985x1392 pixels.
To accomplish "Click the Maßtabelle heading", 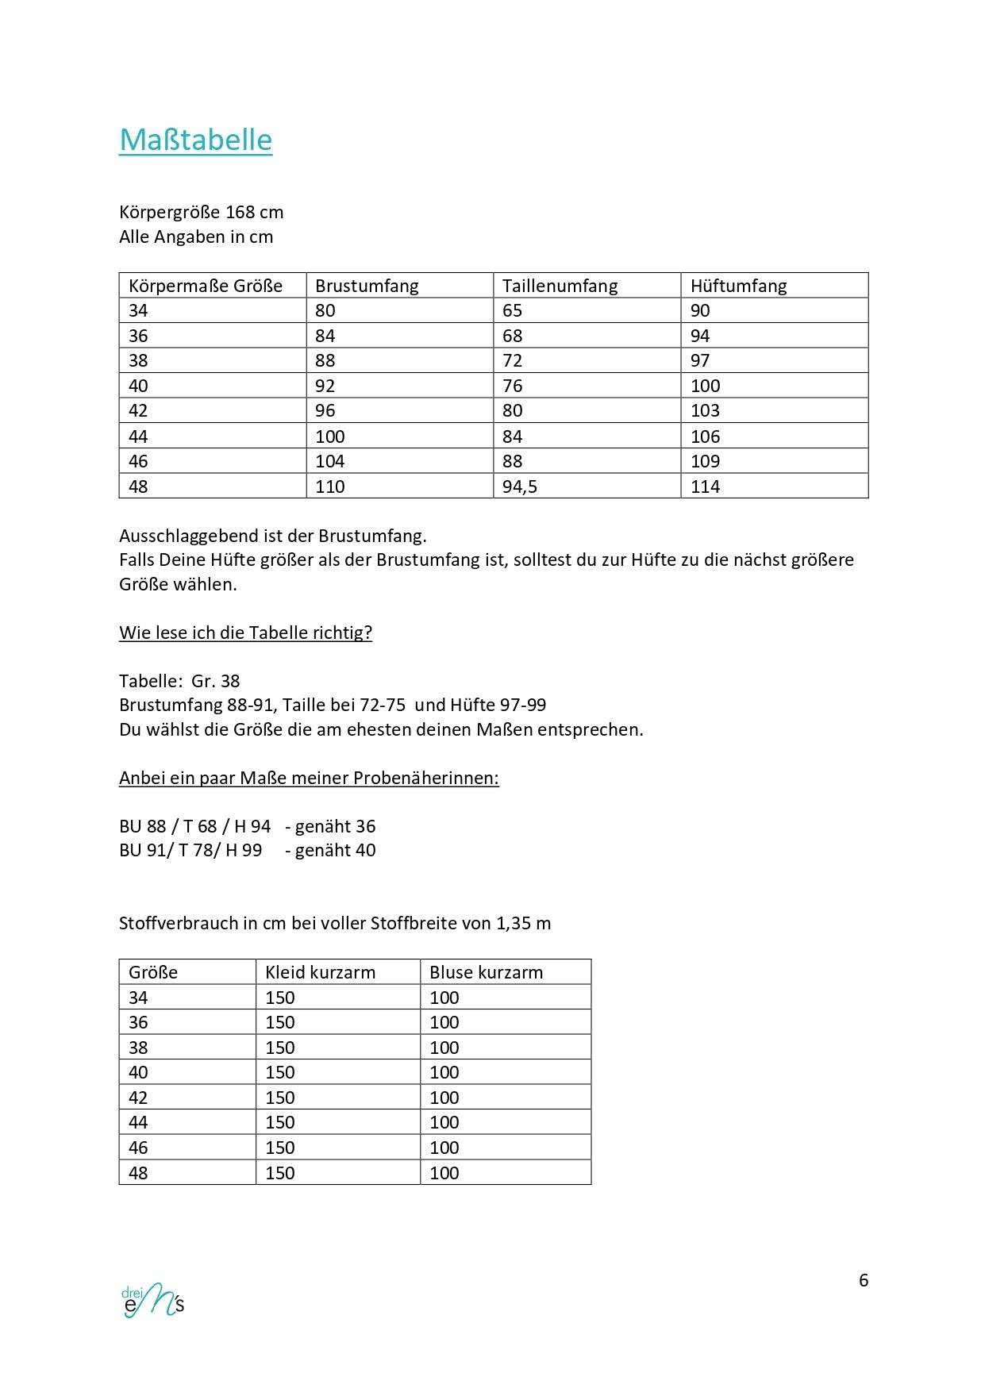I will click(195, 140).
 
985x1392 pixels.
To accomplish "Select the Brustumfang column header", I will click(367, 286).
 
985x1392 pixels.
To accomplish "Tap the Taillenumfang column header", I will click(560, 286).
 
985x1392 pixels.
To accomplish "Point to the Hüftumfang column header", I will click(738, 286).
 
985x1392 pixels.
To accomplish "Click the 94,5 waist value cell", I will click(520, 486).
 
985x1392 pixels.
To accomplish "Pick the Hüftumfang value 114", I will click(705, 486).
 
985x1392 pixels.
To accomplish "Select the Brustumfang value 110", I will click(330, 486).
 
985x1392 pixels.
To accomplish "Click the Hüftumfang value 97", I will click(700, 360).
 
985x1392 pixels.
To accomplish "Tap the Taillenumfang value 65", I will click(513, 310).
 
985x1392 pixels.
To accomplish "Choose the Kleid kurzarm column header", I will click(320, 972).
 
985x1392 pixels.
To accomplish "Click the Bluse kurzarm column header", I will click(486, 972).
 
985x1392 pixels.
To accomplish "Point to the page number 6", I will click(864, 1280).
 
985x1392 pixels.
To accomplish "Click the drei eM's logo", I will click(153, 1300).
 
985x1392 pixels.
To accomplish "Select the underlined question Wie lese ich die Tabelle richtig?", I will click(245, 633).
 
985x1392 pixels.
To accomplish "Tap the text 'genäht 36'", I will click(335, 826).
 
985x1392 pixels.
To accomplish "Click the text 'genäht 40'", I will click(335, 850).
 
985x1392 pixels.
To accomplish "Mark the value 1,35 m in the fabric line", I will click(523, 923).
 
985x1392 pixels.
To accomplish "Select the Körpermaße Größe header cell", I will click(206, 286).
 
